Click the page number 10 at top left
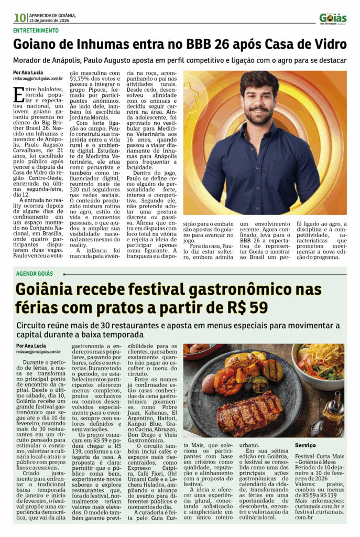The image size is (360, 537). [x=20, y=18]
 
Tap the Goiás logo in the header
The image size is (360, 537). [x=333, y=19]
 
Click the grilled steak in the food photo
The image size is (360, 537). [x=249, y=413]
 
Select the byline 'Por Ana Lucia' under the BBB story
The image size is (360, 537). [x=28, y=72]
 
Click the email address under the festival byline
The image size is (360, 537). [x=39, y=352]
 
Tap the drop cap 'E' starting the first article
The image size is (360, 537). [x=18, y=94]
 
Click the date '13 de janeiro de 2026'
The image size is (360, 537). [x=50, y=21]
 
